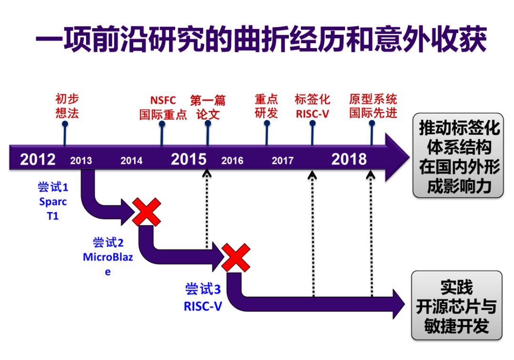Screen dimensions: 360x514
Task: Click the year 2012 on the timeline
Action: (38, 159)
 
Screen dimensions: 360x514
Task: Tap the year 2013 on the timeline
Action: (81, 160)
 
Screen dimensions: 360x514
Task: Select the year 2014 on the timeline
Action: (131, 160)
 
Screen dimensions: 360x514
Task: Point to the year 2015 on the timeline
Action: (188, 159)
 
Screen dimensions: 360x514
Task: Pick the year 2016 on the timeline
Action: (232, 160)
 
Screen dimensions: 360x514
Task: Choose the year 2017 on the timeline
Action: (283, 160)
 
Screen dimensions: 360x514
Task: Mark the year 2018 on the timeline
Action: (349, 159)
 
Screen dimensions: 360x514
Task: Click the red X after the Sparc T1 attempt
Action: (147, 212)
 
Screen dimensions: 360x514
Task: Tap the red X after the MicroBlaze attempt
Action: (236, 257)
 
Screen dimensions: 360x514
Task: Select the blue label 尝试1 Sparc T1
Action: (53, 202)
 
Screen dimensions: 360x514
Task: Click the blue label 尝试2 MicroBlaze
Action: (108, 257)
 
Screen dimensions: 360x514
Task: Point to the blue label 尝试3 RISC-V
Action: (203, 297)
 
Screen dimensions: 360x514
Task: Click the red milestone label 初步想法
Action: (67, 106)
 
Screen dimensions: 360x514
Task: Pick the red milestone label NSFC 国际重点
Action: (163, 107)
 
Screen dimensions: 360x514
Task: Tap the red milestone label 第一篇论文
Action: (208, 107)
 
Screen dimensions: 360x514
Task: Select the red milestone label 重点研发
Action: (266, 106)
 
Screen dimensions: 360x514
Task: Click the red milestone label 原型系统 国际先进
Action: (373, 106)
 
